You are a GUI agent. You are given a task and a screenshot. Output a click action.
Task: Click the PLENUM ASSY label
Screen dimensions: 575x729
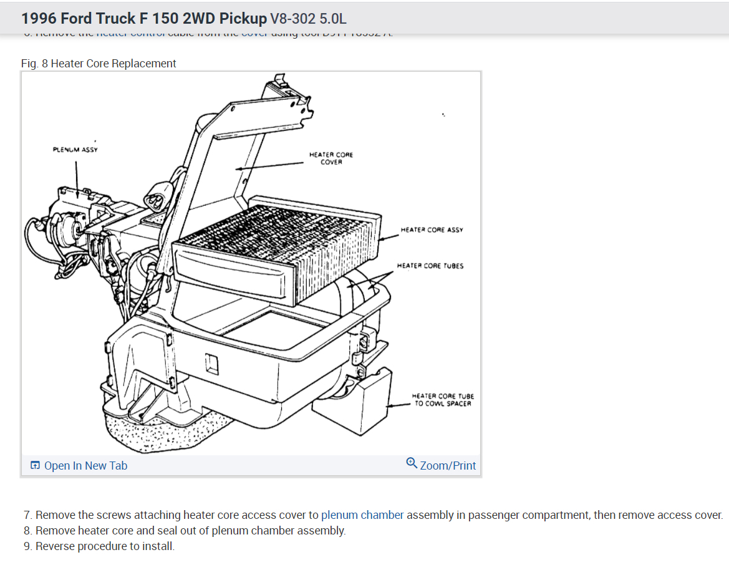pyautogui.click(x=75, y=150)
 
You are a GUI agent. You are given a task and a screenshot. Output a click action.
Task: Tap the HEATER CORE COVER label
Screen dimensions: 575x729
pyautogui.click(x=331, y=158)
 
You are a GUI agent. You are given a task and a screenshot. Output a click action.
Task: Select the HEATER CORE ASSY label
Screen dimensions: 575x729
pyautogui.click(x=432, y=230)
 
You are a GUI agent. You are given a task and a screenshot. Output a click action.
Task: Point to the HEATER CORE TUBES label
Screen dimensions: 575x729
pyautogui.click(x=430, y=266)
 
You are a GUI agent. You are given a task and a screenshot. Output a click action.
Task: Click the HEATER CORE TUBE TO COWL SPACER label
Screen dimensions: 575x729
pyautogui.click(x=443, y=400)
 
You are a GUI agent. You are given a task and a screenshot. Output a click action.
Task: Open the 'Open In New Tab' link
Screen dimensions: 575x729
pyautogui.click(x=85, y=466)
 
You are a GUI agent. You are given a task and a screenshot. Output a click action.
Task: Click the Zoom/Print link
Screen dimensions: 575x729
pyautogui.click(x=448, y=466)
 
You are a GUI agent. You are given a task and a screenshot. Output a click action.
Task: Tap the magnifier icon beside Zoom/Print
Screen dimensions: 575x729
pyautogui.click(x=412, y=463)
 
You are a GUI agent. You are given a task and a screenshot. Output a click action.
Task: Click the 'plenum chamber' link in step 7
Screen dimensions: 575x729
pyautogui.click(x=362, y=515)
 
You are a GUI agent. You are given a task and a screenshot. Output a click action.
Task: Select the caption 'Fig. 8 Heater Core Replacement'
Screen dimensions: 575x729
pyautogui.click(x=99, y=64)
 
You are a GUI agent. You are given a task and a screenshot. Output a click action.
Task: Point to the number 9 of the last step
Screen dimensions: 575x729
pyautogui.click(x=27, y=546)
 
